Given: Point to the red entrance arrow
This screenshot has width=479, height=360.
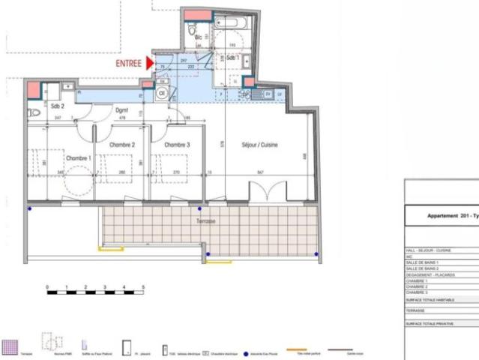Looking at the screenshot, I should pos(151,64).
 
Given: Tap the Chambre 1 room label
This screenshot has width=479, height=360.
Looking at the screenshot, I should pos(79,159).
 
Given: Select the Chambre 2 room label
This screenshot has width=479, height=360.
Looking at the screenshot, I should pos(122,144).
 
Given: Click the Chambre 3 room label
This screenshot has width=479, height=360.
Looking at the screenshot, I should pos(177,144).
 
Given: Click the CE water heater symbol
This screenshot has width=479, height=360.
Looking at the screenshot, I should pos(162,95).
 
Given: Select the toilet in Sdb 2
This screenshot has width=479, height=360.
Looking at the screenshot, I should pos(34,112).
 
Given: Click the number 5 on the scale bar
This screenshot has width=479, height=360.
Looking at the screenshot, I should pos(143,287).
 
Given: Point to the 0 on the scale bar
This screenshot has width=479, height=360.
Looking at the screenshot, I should pos(46,287).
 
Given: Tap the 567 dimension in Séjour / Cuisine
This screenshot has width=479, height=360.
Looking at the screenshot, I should pos(259,173).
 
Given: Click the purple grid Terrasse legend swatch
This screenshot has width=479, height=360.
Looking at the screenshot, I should pos(9,346).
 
